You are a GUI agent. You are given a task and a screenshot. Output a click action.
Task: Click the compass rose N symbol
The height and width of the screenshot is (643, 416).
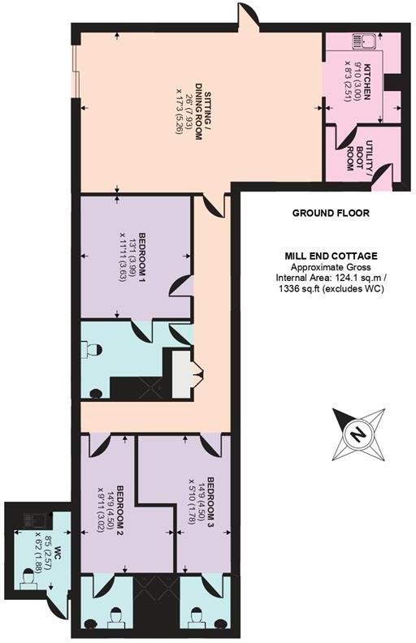pos(356,434)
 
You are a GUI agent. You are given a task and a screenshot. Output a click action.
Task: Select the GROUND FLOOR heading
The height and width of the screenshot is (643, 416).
pos(331,214)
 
